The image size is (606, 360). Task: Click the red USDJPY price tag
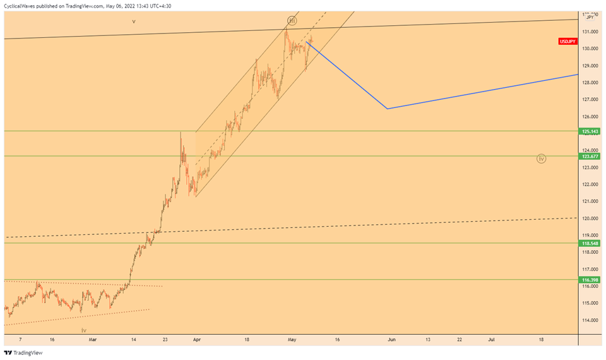pos(567,42)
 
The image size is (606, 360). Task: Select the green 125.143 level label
pos(590,131)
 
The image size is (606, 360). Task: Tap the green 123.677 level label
pos(590,156)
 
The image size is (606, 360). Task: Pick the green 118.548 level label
pos(590,243)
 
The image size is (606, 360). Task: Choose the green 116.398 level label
pos(590,279)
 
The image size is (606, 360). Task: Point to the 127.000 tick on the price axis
pos(590,100)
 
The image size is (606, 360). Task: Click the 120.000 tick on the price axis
pos(590,219)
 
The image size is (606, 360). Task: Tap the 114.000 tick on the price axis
pos(590,320)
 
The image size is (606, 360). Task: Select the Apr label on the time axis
pos(196,339)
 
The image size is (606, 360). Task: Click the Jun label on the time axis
pos(391,339)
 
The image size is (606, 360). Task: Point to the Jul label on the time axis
pos(492,339)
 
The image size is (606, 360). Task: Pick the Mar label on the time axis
pos(93,339)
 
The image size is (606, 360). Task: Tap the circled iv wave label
pos(541,159)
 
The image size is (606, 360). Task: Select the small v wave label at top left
pos(134,21)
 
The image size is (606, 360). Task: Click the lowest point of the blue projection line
pos(387,109)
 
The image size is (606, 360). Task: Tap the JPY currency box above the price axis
pos(590,17)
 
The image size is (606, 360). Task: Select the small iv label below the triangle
pos(83,330)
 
